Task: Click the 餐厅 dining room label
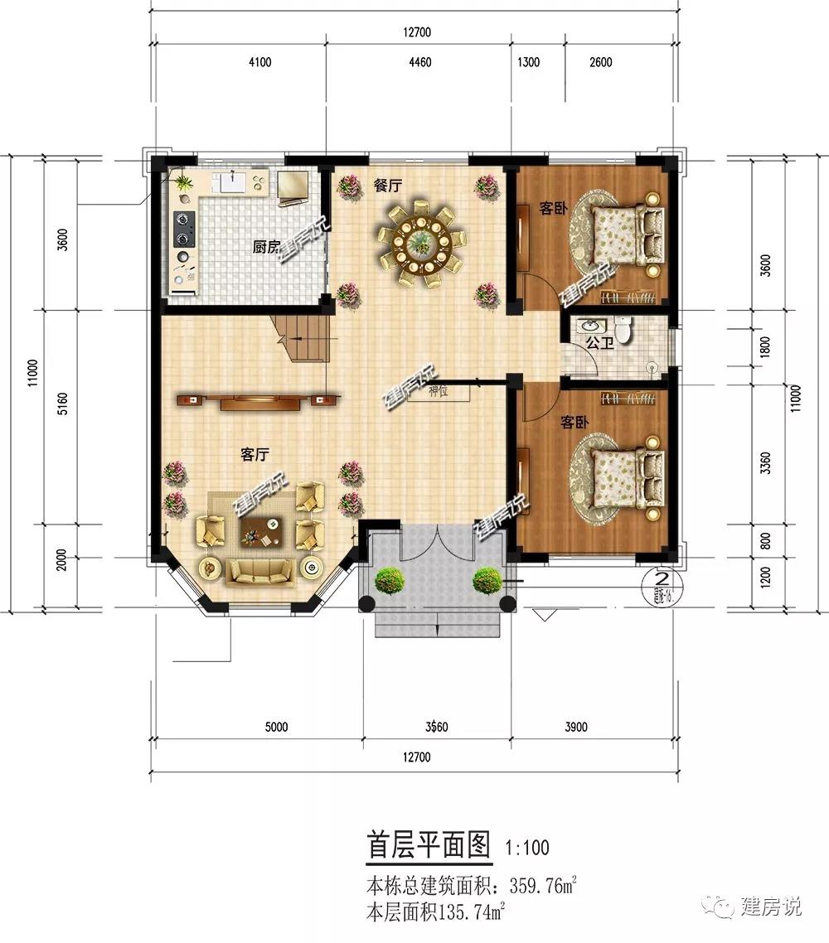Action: coord(386,186)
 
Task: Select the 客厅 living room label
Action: coord(257,453)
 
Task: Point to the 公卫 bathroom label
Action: coord(599,342)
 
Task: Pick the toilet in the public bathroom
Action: coord(626,330)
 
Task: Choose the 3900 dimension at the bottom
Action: coord(575,728)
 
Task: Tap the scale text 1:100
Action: coord(526,848)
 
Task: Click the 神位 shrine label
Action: coord(438,391)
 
